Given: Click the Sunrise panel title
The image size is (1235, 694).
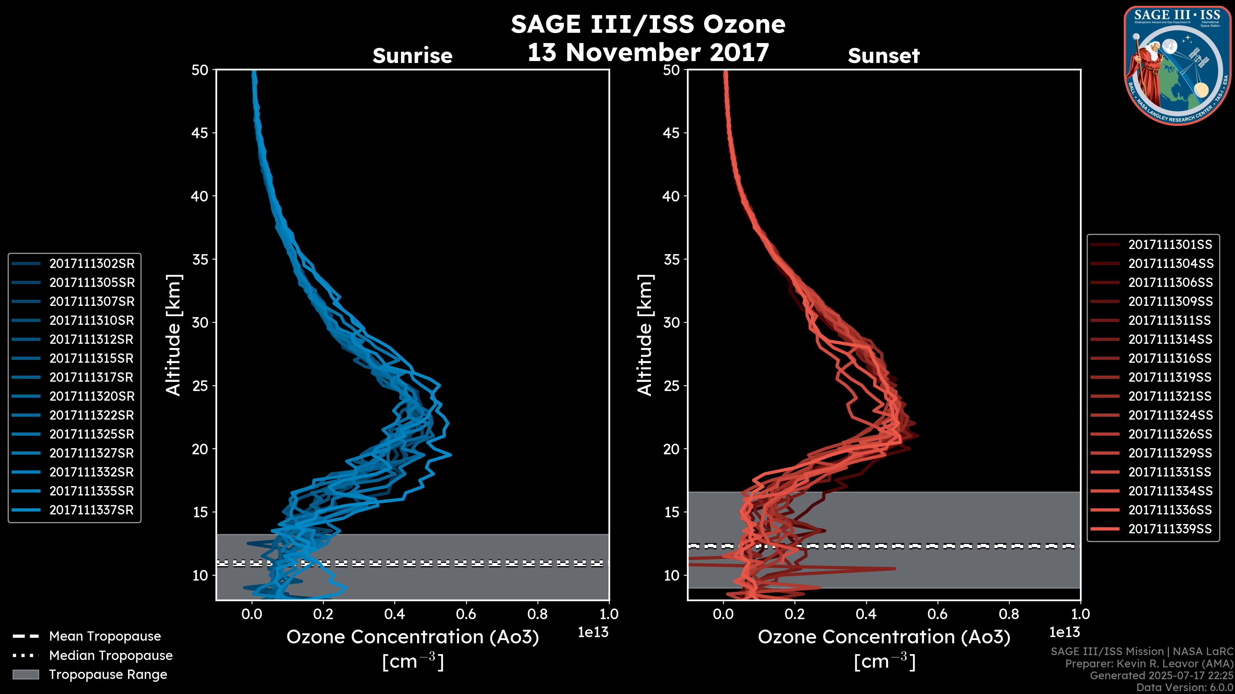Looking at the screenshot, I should pos(412,56).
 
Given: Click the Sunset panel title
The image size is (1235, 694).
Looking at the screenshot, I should pos(883,56).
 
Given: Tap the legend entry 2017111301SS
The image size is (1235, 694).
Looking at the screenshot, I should pos(1170,245).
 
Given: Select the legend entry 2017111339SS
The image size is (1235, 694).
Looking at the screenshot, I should pos(1170,529).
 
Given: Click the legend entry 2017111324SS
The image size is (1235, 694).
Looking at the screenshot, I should pos(1170,415).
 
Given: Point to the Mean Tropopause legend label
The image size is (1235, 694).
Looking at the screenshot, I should pos(105,636).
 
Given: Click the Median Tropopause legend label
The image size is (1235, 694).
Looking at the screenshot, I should pos(111,655).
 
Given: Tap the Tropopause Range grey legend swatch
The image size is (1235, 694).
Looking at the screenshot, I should pos(25,674).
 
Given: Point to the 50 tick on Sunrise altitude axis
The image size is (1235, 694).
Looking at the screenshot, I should pos(200,70).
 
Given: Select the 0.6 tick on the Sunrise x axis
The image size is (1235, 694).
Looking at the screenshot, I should pos(466,614).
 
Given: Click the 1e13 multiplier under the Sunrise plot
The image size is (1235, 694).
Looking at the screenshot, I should pos(593,632).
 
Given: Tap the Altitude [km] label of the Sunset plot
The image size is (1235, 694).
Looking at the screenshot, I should pos(645,335).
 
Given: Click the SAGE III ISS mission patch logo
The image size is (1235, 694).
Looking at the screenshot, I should pos(1177,65).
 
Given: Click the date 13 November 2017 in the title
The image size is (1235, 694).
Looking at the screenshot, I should pos(648,52).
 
